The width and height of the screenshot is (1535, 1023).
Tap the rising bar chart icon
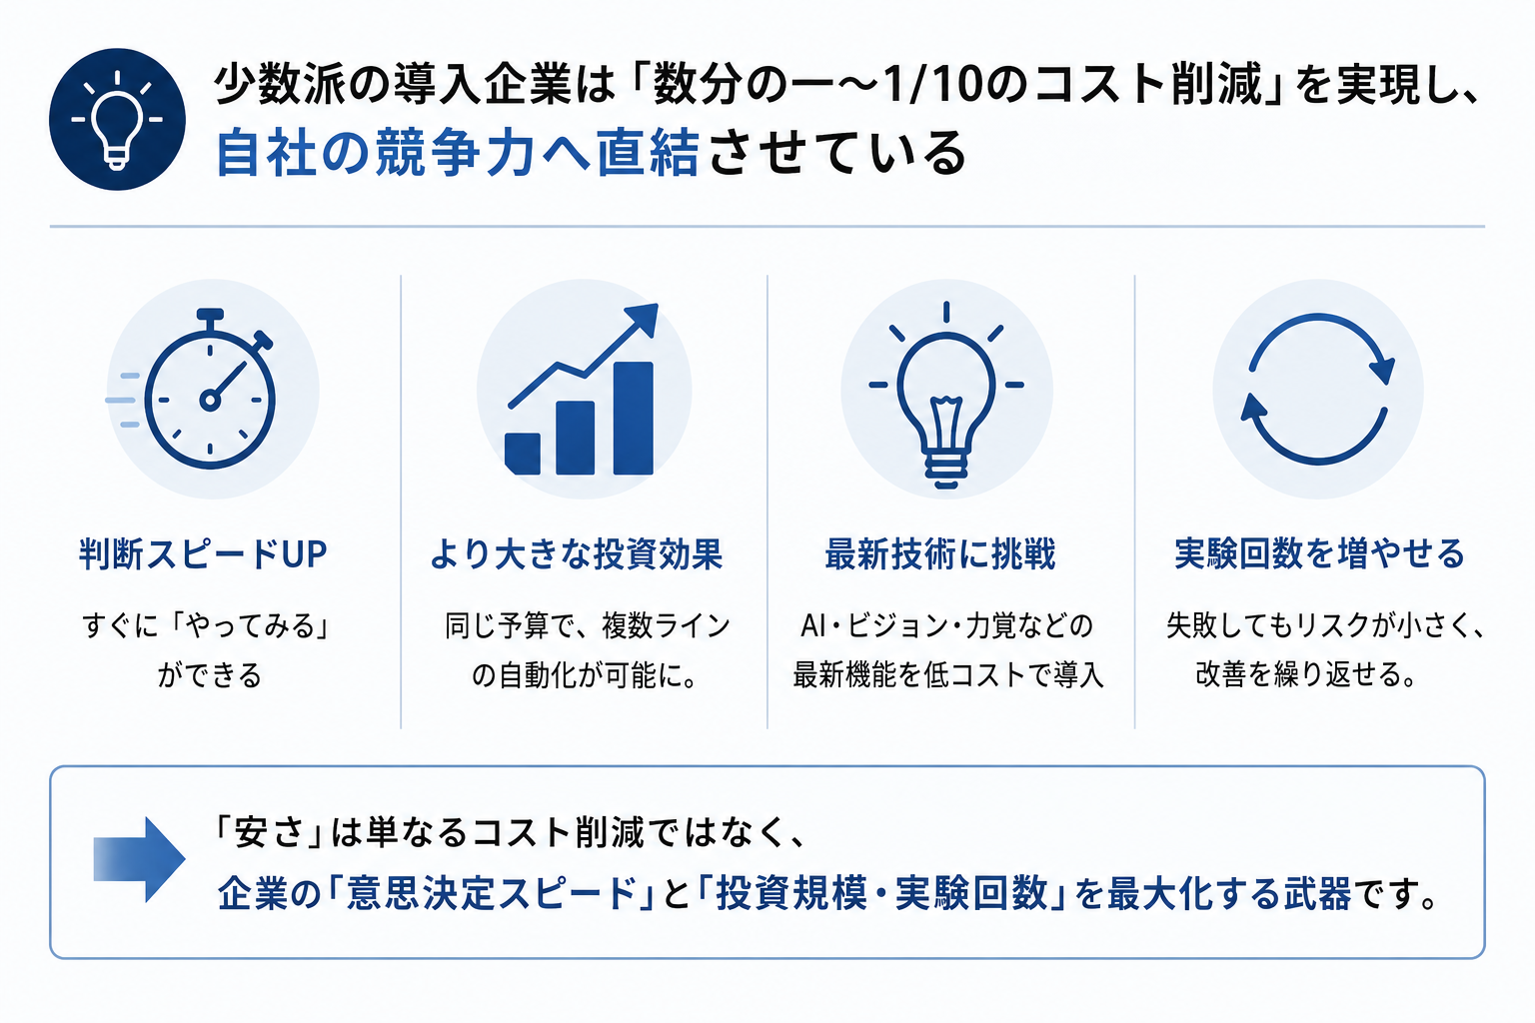coord(581,390)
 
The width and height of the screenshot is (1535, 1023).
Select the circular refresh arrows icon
coord(1318,389)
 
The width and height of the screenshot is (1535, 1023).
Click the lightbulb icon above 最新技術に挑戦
coord(946,395)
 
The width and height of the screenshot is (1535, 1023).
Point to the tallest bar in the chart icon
coord(634,418)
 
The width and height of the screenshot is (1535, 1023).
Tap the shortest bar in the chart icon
coord(523,454)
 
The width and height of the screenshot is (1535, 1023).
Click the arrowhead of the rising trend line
coord(643,318)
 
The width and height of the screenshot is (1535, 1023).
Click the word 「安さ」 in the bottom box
coord(269,833)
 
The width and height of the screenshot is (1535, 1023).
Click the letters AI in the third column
coord(812,625)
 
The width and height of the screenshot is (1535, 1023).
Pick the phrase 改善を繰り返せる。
coord(1306,674)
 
